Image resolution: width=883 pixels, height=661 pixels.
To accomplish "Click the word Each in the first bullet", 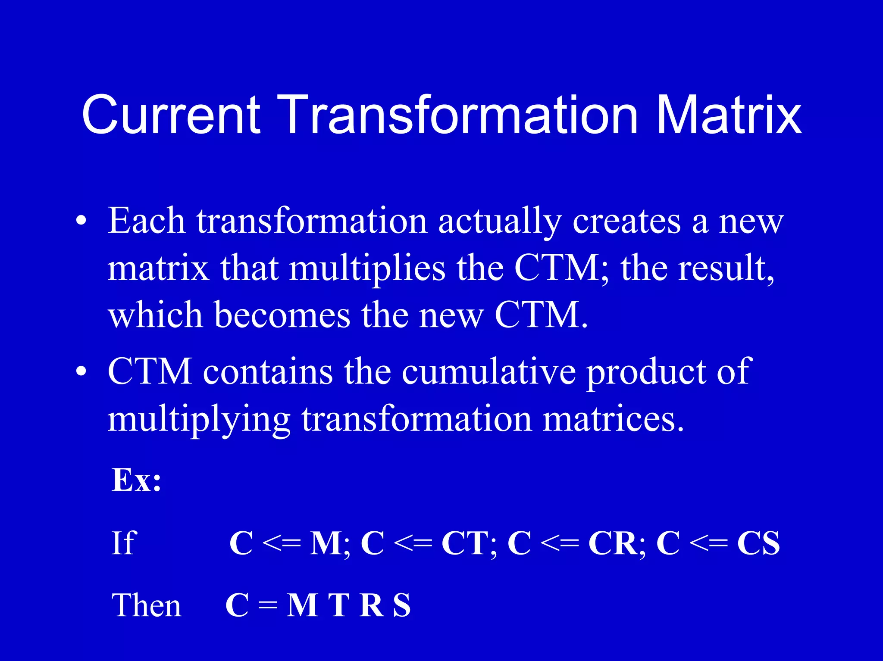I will [x=147, y=221].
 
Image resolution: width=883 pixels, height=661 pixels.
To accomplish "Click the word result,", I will [x=726, y=268].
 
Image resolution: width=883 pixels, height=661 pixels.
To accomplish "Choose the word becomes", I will [x=282, y=315].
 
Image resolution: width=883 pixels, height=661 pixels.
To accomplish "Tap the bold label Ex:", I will [x=136, y=480].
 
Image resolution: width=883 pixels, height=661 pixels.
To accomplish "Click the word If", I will [x=124, y=543].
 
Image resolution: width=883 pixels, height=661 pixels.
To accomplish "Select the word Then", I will [x=146, y=605].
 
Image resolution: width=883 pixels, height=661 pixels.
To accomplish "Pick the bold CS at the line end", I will [x=758, y=543].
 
